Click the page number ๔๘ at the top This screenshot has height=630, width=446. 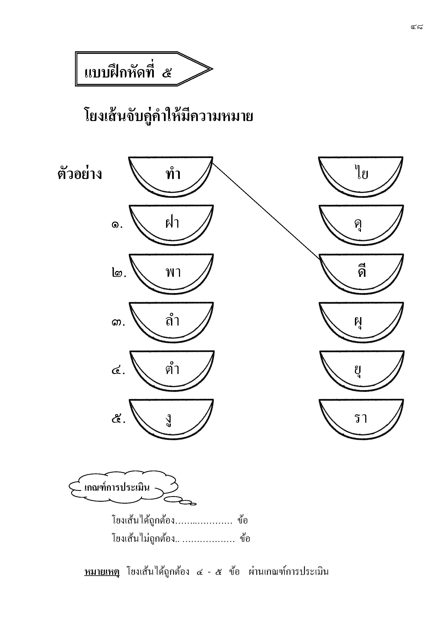417,27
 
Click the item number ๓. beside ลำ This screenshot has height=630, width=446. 118,323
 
